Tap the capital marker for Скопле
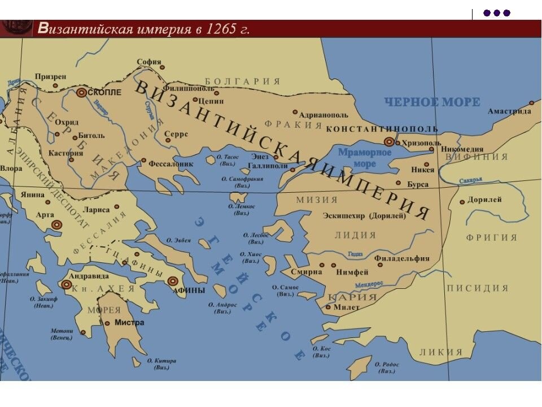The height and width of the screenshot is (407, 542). pos(82,93)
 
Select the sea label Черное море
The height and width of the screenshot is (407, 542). pos(432,102)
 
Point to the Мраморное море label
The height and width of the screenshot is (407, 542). pos(365,158)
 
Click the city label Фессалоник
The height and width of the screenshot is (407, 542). pos(171,164)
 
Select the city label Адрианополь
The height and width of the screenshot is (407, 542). pos(324,113)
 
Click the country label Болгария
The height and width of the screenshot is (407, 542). pos(242,81)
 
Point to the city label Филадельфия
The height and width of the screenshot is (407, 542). pos(401,258)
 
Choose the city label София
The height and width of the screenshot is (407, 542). pos(149,62)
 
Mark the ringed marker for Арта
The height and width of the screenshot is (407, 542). pos(56,224)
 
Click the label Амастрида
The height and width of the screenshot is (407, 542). pos(509,111)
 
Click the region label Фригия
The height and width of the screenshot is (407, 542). pos(492,237)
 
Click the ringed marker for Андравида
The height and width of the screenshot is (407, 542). pos(67,285)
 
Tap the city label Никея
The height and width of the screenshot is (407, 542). pos(423,170)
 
